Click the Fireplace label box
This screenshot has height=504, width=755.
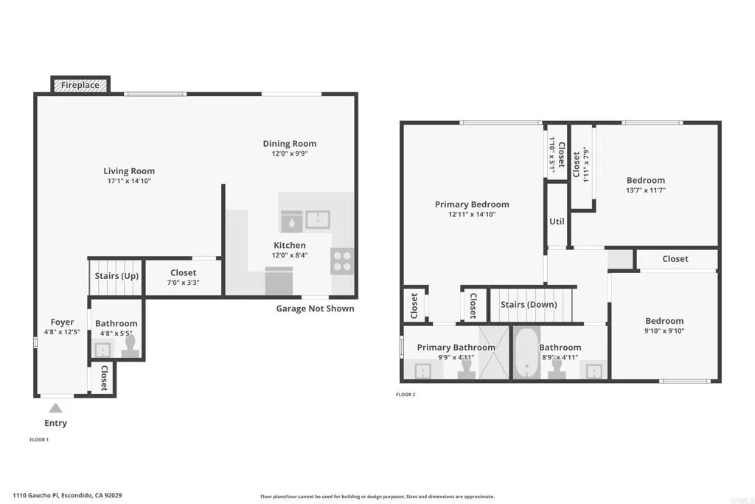(80, 85)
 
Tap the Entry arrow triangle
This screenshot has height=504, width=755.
(55, 407)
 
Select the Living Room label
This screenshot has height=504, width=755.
(129, 171)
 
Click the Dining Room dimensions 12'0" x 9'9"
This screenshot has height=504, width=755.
(290, 154)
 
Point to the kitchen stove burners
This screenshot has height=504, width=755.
(342, 262)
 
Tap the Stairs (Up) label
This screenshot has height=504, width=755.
(116, 276)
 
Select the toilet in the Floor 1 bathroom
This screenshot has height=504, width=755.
(131, 346)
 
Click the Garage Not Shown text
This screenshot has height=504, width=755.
(315, 308)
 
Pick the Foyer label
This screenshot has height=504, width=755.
(62, 322)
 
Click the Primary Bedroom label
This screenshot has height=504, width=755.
(472, 204)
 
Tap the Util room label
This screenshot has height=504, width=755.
(557, 221)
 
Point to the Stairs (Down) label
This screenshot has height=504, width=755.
(529, 305)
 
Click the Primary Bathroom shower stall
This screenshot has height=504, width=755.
(493, 352)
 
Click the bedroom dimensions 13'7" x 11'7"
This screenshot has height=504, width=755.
(645, 190)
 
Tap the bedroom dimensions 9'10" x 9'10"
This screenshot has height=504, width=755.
(664, 331)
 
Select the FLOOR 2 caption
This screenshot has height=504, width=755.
(406, 395)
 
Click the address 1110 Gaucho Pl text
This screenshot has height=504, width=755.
(67, 496)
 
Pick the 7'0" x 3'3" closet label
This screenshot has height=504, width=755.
(183, 283)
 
